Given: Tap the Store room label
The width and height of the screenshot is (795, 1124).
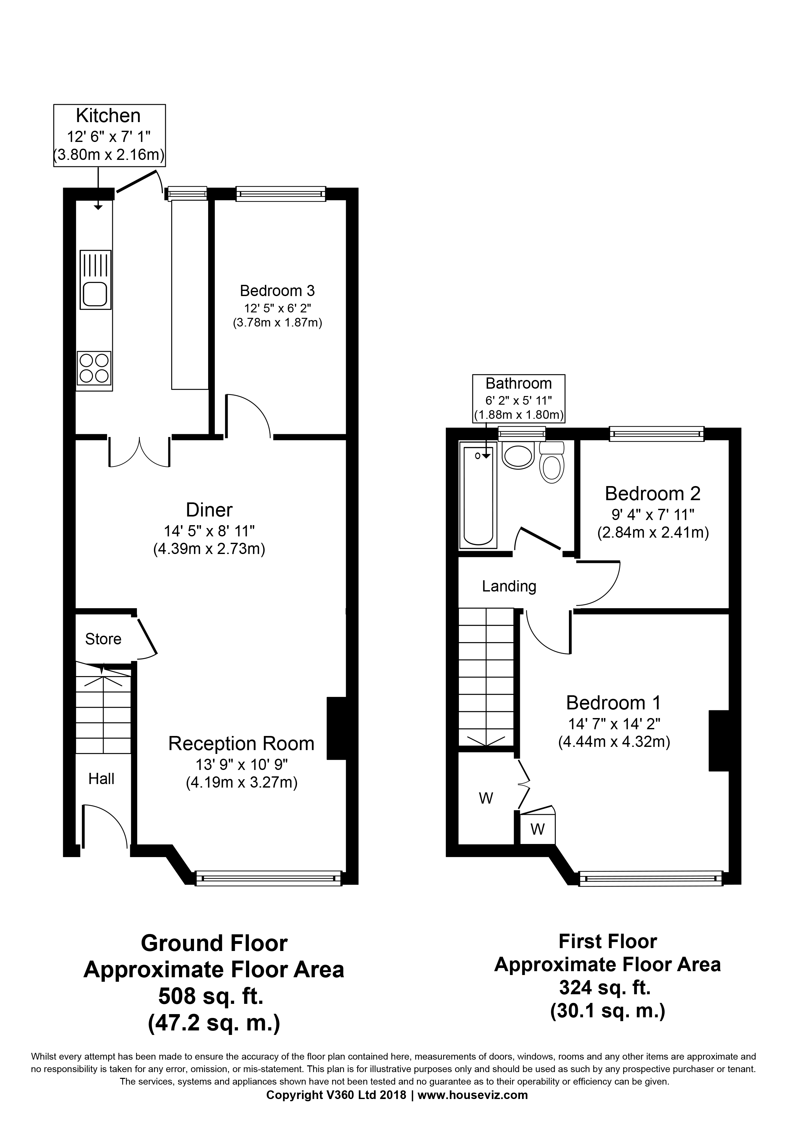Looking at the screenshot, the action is [x=103, y=639].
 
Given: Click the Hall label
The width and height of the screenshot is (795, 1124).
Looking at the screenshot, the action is [x=101, y=779].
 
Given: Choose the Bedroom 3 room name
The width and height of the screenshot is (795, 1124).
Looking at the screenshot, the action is [x=277, y=291].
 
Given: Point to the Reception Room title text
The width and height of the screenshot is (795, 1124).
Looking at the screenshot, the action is [x=241, y=744].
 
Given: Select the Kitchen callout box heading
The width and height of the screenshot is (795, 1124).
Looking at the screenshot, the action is [x=108, y=116].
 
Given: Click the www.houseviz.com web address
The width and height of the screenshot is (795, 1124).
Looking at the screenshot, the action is [x=473, y=1109].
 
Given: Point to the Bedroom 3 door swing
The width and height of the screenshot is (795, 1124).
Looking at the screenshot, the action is [x=248, y=416].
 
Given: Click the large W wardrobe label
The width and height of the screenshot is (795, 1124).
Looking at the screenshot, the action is [x=486, y=798].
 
